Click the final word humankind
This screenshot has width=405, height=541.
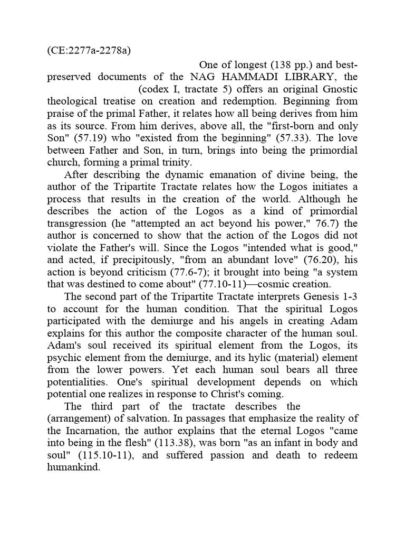pos(74,468)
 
